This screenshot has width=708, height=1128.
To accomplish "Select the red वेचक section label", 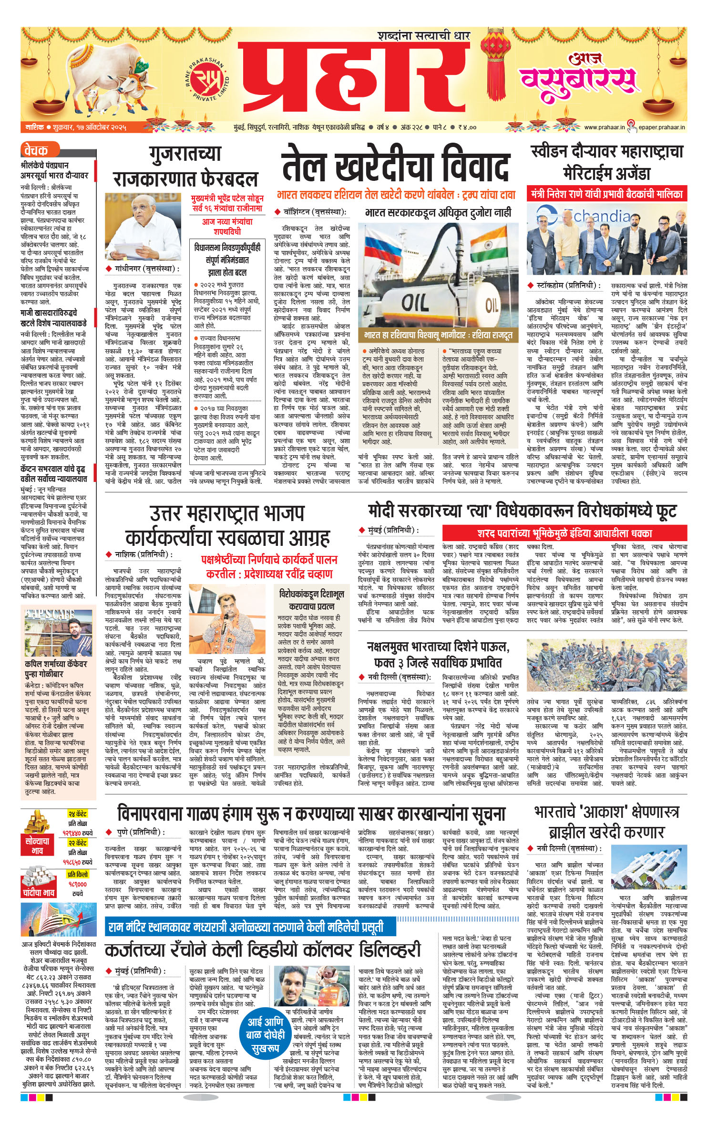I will point(36,151).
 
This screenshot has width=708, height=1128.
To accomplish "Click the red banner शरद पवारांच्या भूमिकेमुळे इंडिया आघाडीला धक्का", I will point(564,533).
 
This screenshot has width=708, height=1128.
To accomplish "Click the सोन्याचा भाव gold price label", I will point(37,846).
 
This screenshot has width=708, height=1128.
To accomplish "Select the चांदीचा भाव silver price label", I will point(38,892).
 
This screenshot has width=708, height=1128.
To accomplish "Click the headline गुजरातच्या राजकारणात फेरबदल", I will point(185,167).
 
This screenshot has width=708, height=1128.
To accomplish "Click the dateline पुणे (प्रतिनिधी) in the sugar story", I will point(141,832).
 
